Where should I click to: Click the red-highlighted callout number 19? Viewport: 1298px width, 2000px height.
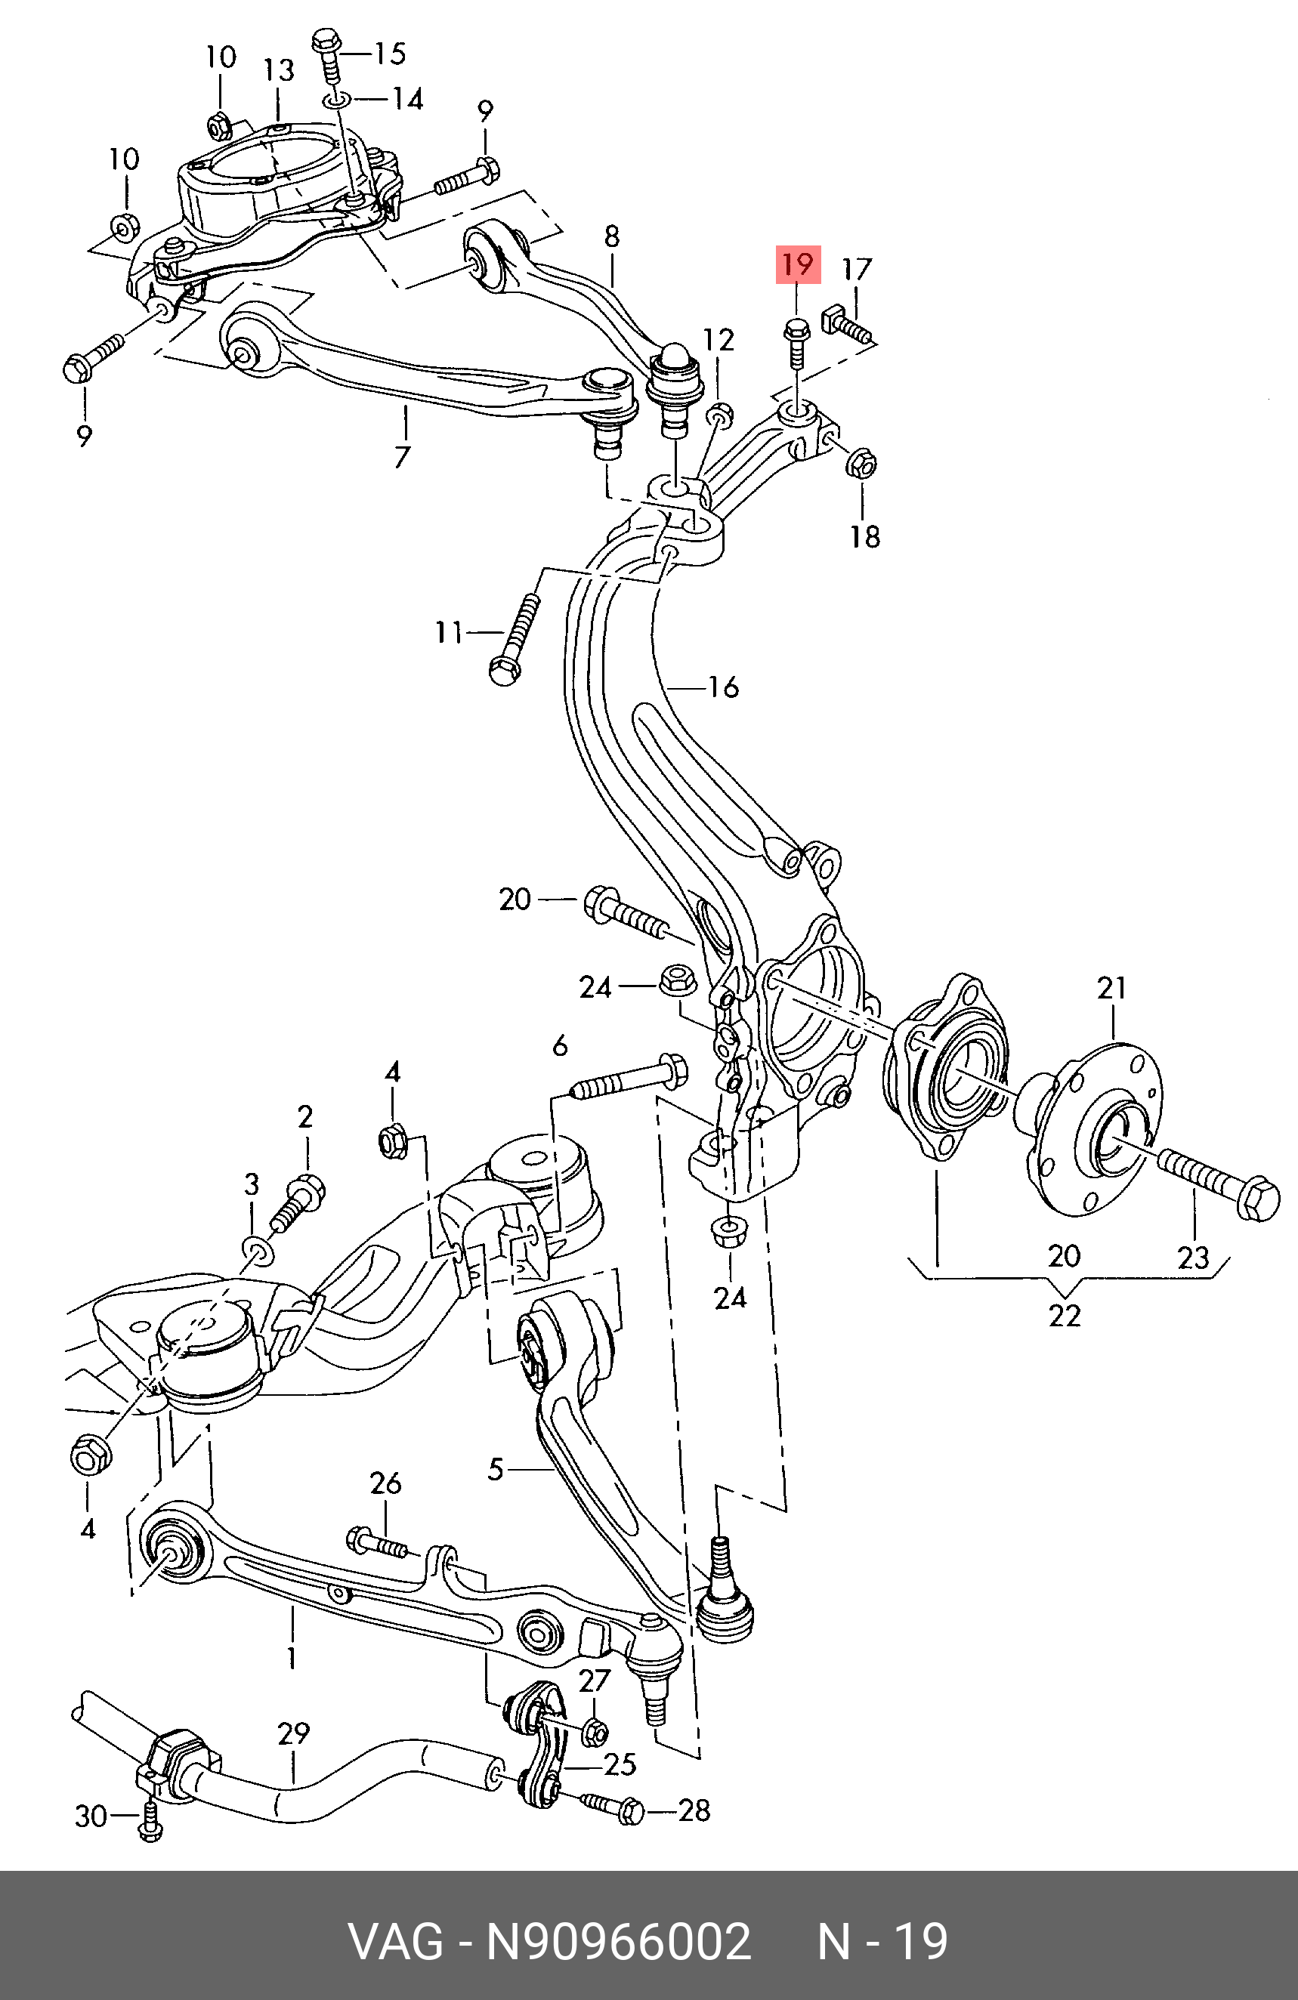coord(797,264)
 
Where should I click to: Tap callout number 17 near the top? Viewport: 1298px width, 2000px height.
coord(857,270)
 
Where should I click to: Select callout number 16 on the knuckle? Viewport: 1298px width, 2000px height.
coord(723,687)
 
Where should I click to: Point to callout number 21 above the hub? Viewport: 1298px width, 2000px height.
coord(1111,987)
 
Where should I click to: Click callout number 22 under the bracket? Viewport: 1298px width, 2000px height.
coord(1064,1315)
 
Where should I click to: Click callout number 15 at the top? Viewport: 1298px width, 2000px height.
coord(389,54)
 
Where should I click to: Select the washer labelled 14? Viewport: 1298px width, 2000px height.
coord(334,102)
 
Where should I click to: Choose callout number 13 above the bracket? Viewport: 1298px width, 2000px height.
coord(279,69)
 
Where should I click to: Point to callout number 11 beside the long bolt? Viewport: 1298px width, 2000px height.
coord(449,632)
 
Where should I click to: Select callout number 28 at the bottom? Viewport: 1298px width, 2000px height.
coord(694,1810)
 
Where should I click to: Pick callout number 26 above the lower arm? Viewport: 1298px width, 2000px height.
coord(386,1483)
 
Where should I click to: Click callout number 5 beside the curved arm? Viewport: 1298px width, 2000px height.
coord(496,1469)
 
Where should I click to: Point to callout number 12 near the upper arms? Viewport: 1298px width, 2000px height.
coord(719,339)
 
